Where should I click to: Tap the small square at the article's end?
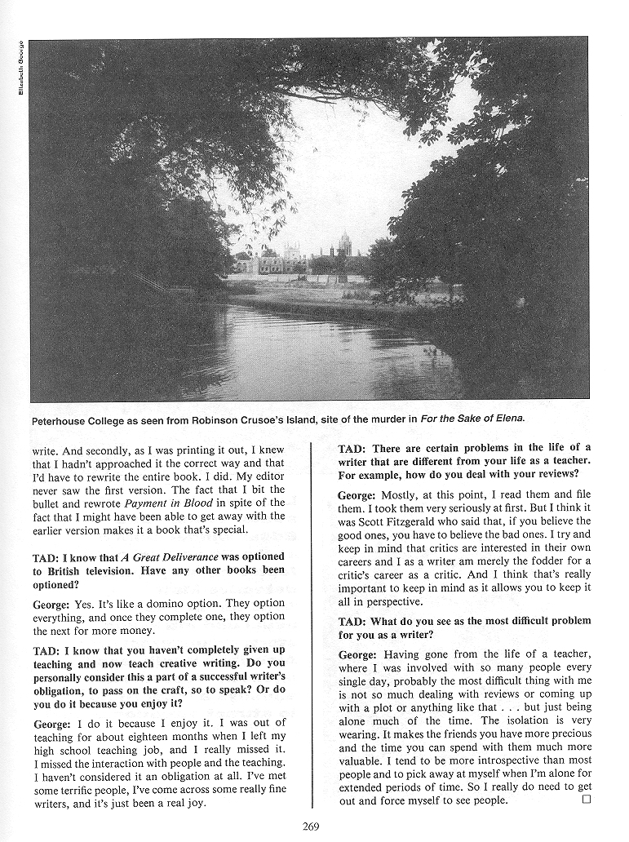(x=586, y=800)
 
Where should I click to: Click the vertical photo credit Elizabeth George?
(x=21, y=67)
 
